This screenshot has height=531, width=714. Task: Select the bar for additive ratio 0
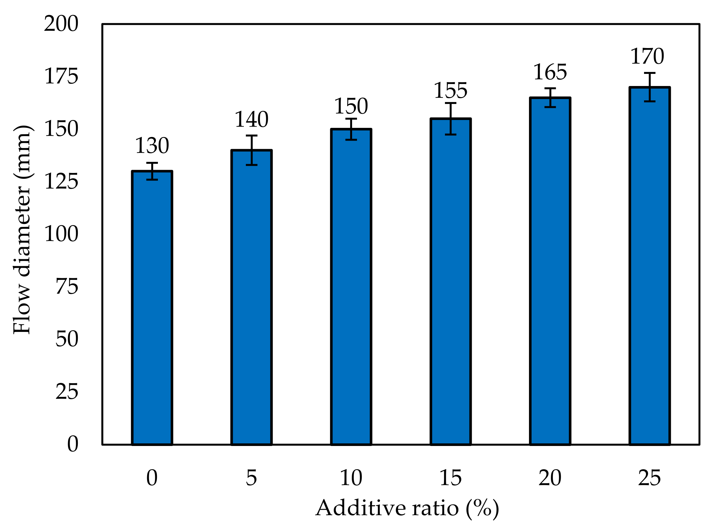152,307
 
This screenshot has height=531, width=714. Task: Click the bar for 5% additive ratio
251,298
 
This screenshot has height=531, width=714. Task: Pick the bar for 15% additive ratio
450,282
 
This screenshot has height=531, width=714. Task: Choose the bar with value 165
550,271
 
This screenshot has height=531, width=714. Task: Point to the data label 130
152,146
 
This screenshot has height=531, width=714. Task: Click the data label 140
251,119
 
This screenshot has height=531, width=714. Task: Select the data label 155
450,91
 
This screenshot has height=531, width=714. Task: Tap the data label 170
647,56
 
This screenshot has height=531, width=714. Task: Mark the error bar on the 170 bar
650,87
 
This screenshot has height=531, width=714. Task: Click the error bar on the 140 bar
251,150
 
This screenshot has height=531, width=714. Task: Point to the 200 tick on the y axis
61,24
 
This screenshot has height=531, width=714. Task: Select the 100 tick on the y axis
61,234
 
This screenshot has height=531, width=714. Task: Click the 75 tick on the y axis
67,287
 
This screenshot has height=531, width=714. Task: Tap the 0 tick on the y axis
73,444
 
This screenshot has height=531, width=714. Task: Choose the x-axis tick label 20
550,478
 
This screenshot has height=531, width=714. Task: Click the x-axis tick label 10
351,478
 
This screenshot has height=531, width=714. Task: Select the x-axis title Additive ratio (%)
407,508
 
